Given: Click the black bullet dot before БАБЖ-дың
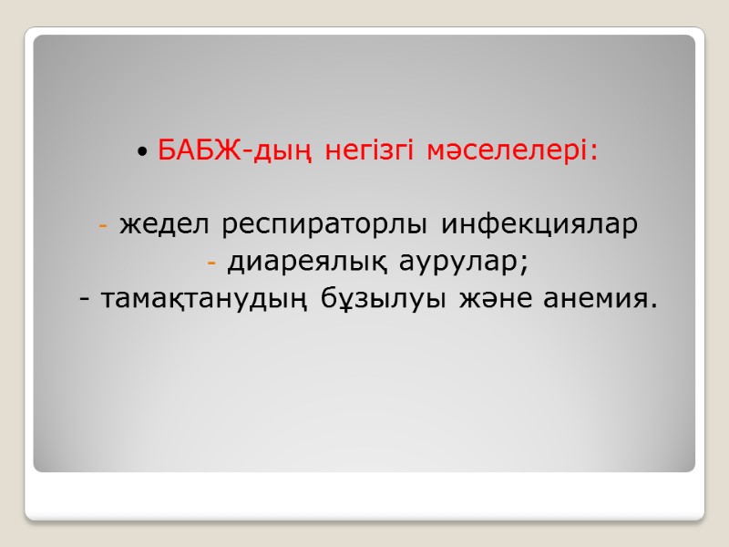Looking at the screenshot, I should pos(144,150).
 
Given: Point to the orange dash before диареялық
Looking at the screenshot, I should pos(211,264).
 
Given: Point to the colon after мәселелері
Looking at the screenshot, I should pos(596,151).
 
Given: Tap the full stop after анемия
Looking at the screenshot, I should pos(652,306).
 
